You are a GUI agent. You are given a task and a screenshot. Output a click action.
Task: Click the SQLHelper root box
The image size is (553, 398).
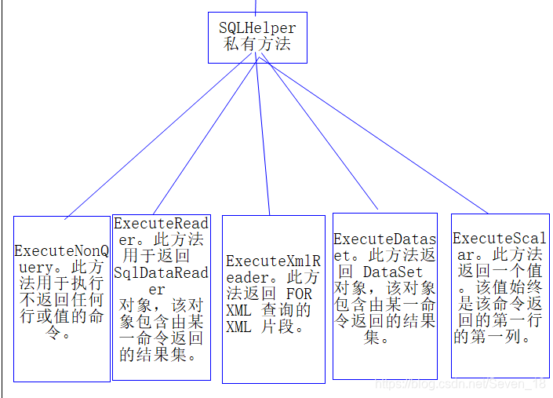[x=257, y=37]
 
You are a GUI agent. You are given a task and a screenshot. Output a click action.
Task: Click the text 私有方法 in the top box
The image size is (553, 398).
[x=257, y=45]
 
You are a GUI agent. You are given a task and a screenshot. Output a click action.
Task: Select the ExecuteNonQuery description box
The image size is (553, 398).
[x=62, y=298]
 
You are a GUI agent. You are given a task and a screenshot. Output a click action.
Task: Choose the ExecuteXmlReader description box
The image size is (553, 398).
[x=273, y=298]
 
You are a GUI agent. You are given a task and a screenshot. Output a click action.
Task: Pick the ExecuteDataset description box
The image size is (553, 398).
[x=384, y=295]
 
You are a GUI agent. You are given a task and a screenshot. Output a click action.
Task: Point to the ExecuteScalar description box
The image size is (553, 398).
[x=500, y=294]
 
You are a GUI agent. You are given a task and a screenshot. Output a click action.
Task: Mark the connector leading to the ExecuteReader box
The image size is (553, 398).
[x=208, y=139]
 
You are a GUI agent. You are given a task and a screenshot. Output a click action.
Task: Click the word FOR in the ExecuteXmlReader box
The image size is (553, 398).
[x=300, y=294]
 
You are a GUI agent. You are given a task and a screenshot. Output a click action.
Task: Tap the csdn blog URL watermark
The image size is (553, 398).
[x=459, y=384]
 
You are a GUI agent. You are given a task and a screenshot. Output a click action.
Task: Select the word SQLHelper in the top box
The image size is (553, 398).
[x=257, y=27]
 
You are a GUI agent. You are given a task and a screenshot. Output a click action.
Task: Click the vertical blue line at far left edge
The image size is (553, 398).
[x=2, y=196]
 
